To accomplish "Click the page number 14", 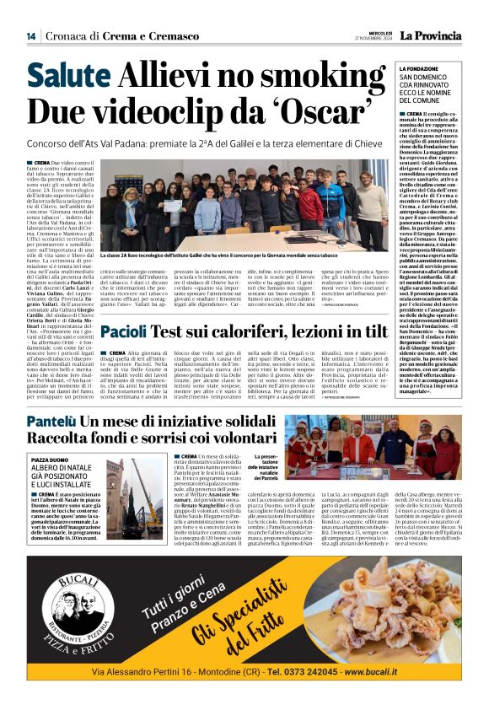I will pyautogui.click(x=31, y=35).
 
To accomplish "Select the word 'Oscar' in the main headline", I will pyautogui.click(x=320, y=111).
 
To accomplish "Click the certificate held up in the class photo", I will pyautogui.click(x=172, y=206).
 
